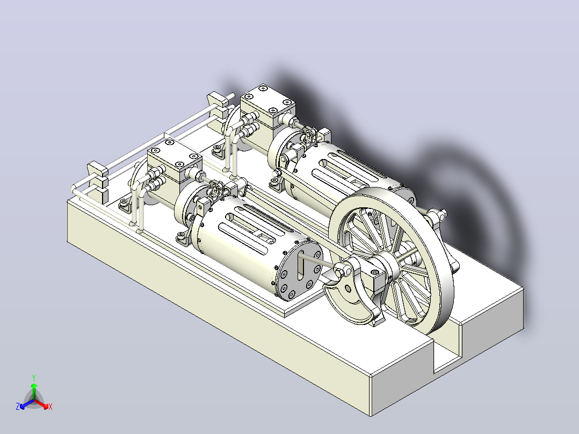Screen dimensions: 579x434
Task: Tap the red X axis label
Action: pos(50,407)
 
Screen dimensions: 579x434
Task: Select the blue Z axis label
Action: pos(17,406)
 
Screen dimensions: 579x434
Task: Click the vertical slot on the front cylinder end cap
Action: pos(301,264)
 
